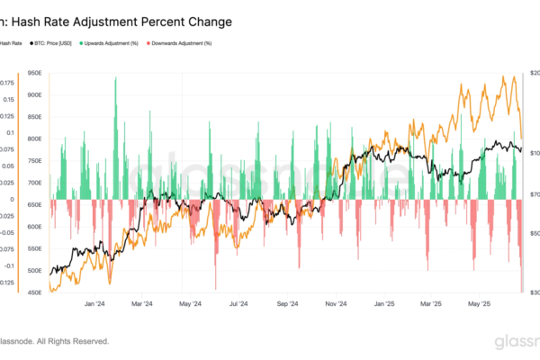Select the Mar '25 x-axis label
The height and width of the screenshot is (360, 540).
434,304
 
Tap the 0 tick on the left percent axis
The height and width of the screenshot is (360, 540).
13,200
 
